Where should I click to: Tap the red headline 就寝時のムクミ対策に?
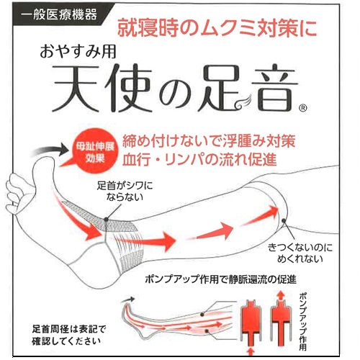click(x=217, y=28)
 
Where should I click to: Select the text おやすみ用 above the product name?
click(x=78, y=52)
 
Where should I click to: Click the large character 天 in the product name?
click(x=76, y=88)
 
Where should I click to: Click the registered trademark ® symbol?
click(x=303, y=108)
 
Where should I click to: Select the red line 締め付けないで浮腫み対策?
click(x=209, y=141)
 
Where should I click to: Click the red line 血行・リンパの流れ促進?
click(x=199, y=159)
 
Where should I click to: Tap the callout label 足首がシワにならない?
click(x=125, y=192)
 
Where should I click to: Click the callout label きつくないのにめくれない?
click(x=300, y=253)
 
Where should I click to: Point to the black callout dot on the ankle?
click(x=106, y=219)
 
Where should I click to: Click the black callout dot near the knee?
click(x=284, y=220)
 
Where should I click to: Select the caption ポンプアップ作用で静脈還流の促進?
click(x=221, y=279)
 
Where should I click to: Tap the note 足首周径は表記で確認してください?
click(x=69, y=335)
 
